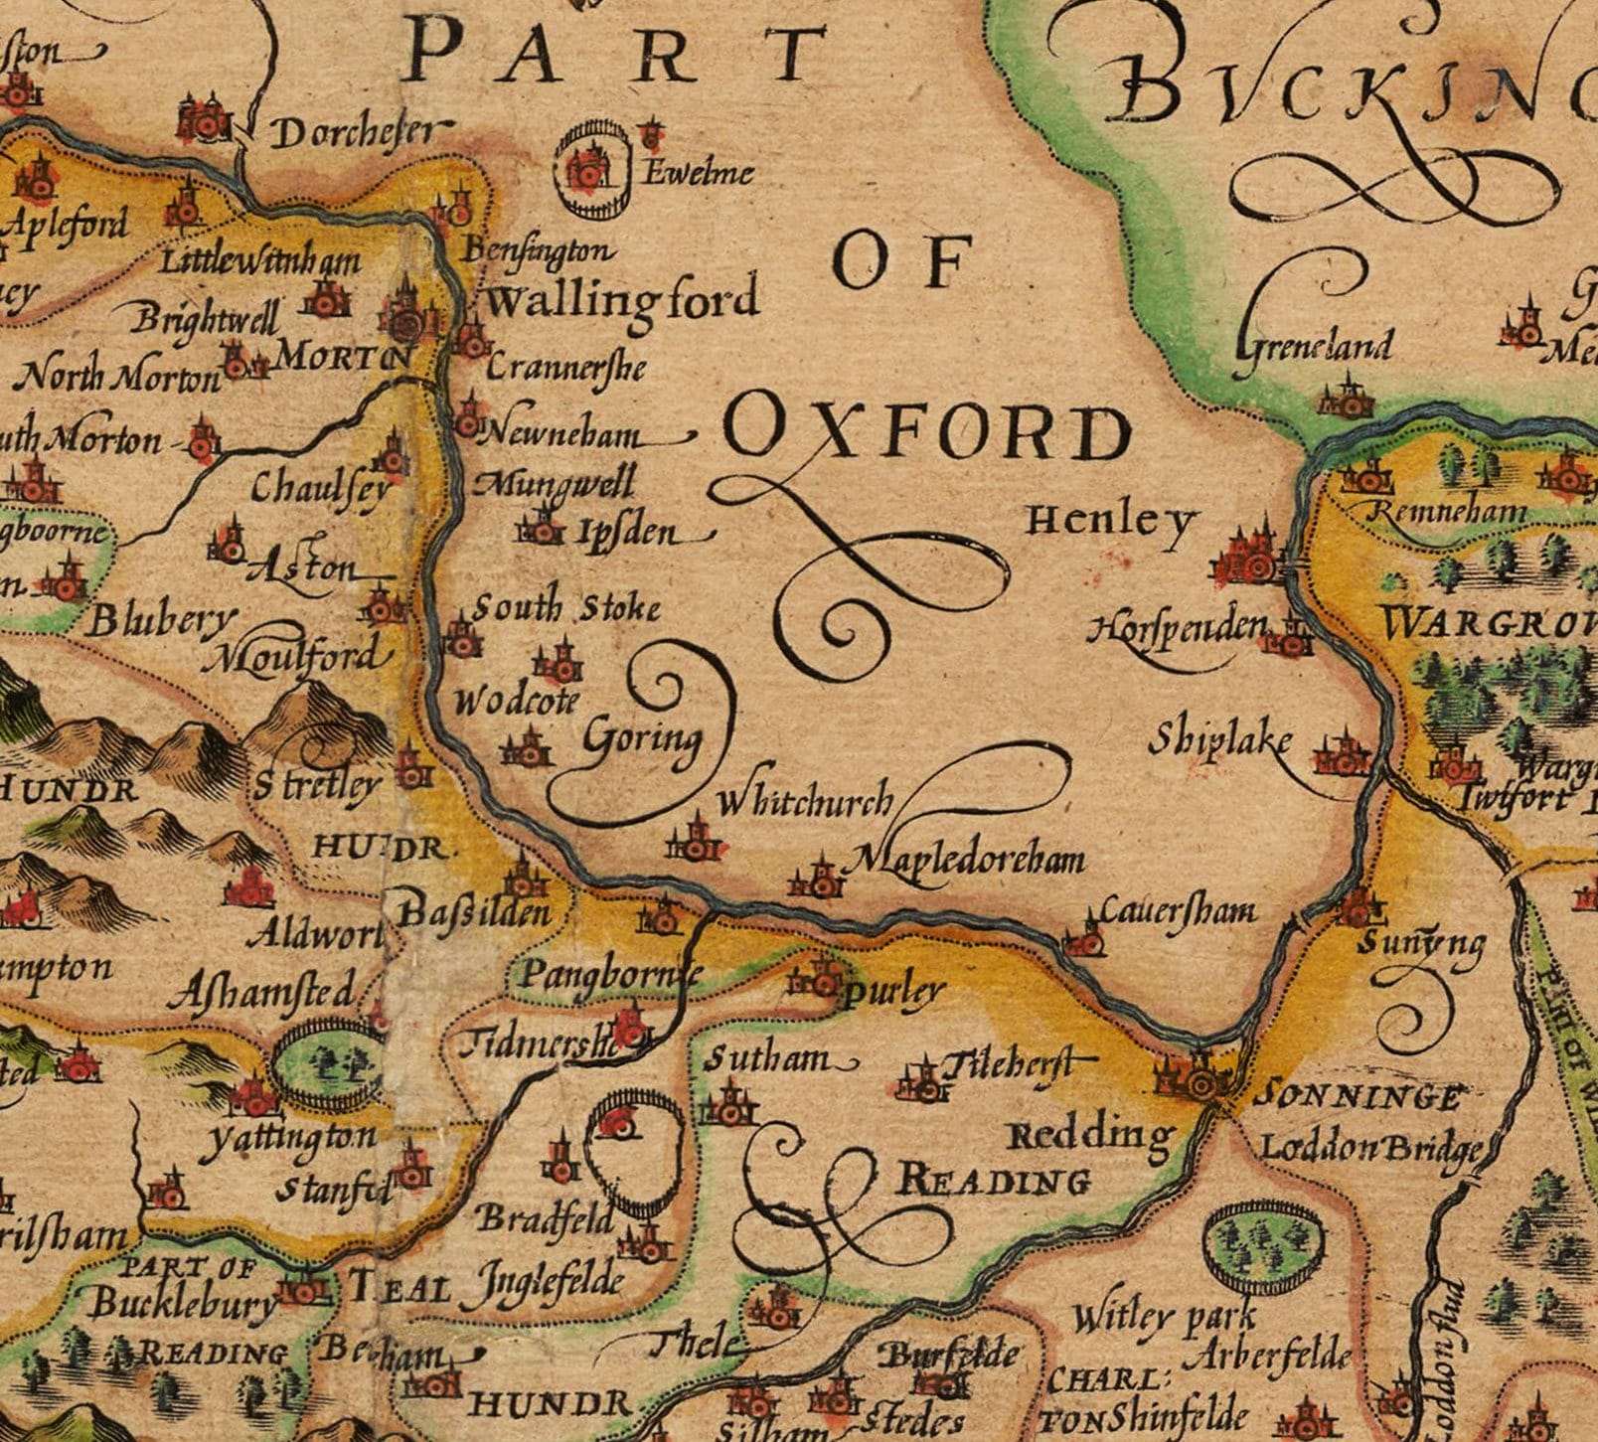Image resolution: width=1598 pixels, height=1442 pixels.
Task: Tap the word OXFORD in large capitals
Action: click(930, 433)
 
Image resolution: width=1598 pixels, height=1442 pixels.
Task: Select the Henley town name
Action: click(1110, 519)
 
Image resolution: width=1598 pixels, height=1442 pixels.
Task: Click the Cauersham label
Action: click(1177, 910)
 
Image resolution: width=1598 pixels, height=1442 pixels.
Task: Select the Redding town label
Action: click(1090, 1134)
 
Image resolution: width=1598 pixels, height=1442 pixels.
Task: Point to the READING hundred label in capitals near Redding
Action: click(994, 1181)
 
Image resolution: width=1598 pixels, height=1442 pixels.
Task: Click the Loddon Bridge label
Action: click(1371, 1149)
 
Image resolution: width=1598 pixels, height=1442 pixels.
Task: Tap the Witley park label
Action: click(1163, 1319)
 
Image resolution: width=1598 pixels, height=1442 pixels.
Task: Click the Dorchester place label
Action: click(354, 132)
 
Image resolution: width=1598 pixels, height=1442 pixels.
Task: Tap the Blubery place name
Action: click(159, 621)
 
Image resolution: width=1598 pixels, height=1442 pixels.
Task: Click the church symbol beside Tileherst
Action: click(920, 1080)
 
